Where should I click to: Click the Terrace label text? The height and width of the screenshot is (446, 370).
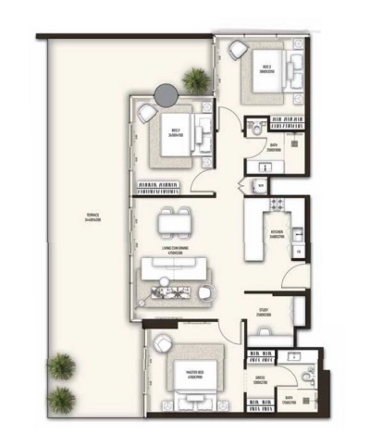(92, 220)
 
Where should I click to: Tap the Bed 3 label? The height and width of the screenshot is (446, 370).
(175, 131)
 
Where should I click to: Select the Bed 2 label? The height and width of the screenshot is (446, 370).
(266, 68)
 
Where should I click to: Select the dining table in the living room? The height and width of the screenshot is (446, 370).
(175, 222)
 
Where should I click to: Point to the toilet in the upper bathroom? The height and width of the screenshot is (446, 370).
(253, 132)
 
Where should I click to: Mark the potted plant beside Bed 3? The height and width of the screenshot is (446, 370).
(195, 80)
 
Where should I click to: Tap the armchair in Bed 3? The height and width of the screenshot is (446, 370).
(148, 112)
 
